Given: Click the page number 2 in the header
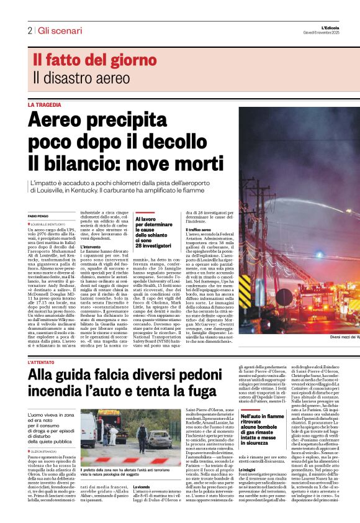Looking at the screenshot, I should tap(29, 30).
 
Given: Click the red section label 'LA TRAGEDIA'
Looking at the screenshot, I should tap(45, 105).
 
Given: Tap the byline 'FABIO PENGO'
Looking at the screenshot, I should tap(38, 216).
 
